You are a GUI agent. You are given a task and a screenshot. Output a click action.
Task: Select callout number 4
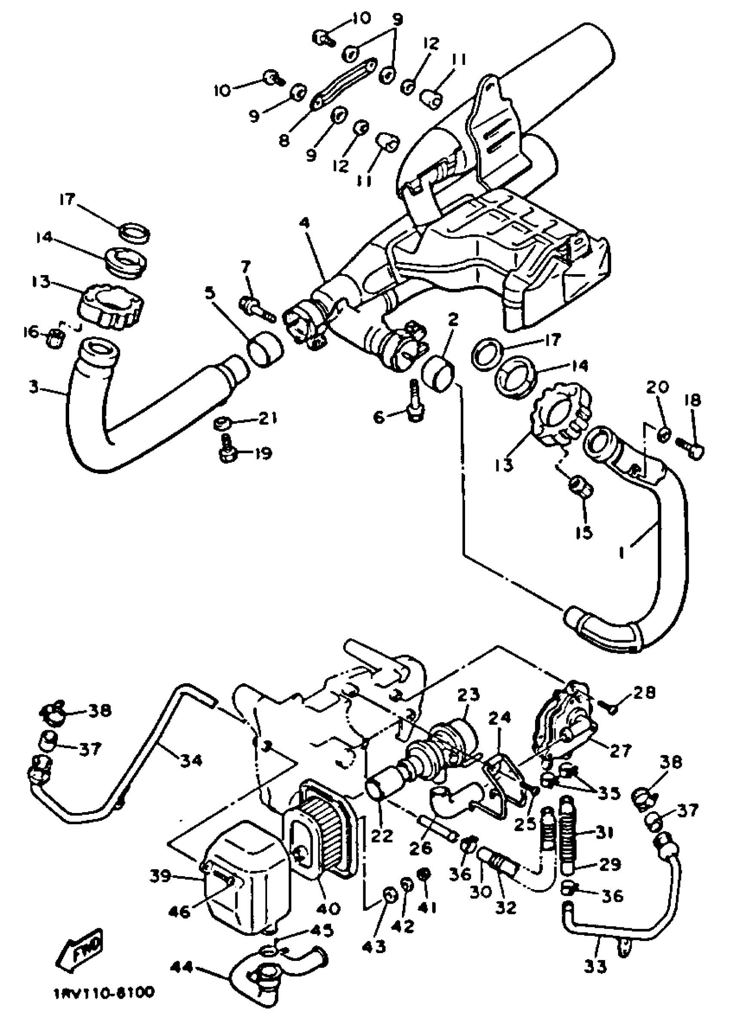(x=306, y=223)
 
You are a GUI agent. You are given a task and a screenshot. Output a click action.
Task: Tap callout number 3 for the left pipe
(x=34, y=387)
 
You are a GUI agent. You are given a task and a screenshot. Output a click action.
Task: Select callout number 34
(x=191, y=760)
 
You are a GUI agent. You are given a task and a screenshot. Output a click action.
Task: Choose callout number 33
(x=596, y=966)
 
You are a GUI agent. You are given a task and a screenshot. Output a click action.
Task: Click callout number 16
(x=30, y=333)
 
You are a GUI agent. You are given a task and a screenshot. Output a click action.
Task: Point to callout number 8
(x=284, y=141)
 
